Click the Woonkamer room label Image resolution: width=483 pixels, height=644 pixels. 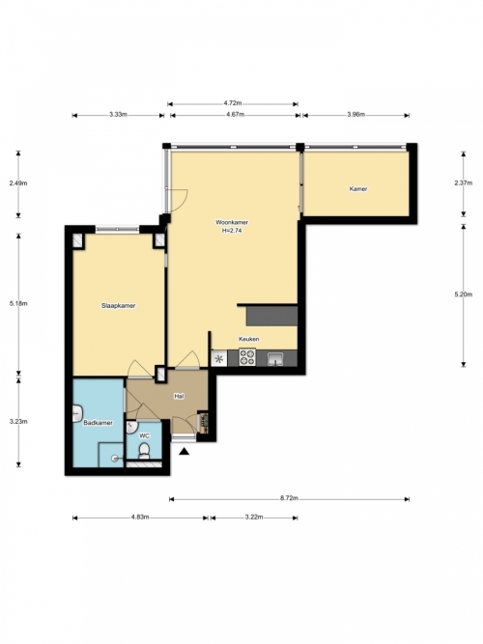click(x=232, y=222)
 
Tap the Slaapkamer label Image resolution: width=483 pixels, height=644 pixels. click(x=119, y=305)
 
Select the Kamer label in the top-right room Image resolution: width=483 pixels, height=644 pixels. click(x=358, y=189)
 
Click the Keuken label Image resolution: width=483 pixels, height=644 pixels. click(x=249, y=339)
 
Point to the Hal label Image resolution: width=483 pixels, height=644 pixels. click(x=179, y=396)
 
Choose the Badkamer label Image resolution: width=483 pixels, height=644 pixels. click(x=98, y=423)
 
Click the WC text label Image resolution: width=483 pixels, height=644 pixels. click(x=144, y=435)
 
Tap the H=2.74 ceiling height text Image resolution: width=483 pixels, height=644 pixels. click(x=232, y=231)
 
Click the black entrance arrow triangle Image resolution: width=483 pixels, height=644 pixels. click(x=185, y=452)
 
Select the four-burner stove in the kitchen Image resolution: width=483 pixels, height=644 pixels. click(x=247, y=357)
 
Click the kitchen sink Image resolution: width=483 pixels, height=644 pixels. click(x=274, y=359)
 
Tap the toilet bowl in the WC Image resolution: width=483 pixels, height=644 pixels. click(x=144, y=450)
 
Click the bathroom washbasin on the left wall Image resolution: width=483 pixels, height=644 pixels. click(x=77, y=413)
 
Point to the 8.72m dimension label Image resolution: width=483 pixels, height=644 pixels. click(x=290, y=498)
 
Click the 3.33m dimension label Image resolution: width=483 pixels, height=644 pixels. click(x=118, y=115)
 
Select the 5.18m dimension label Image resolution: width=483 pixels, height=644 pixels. click(x=18, y=303)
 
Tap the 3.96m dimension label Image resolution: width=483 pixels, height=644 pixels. click(x=356, y=115)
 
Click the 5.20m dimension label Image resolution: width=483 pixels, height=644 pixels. click(x=464, y=294)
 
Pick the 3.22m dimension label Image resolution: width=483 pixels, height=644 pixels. click(x=254, y=517)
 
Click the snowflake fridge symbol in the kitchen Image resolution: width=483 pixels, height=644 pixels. click(x=219, y=359)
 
